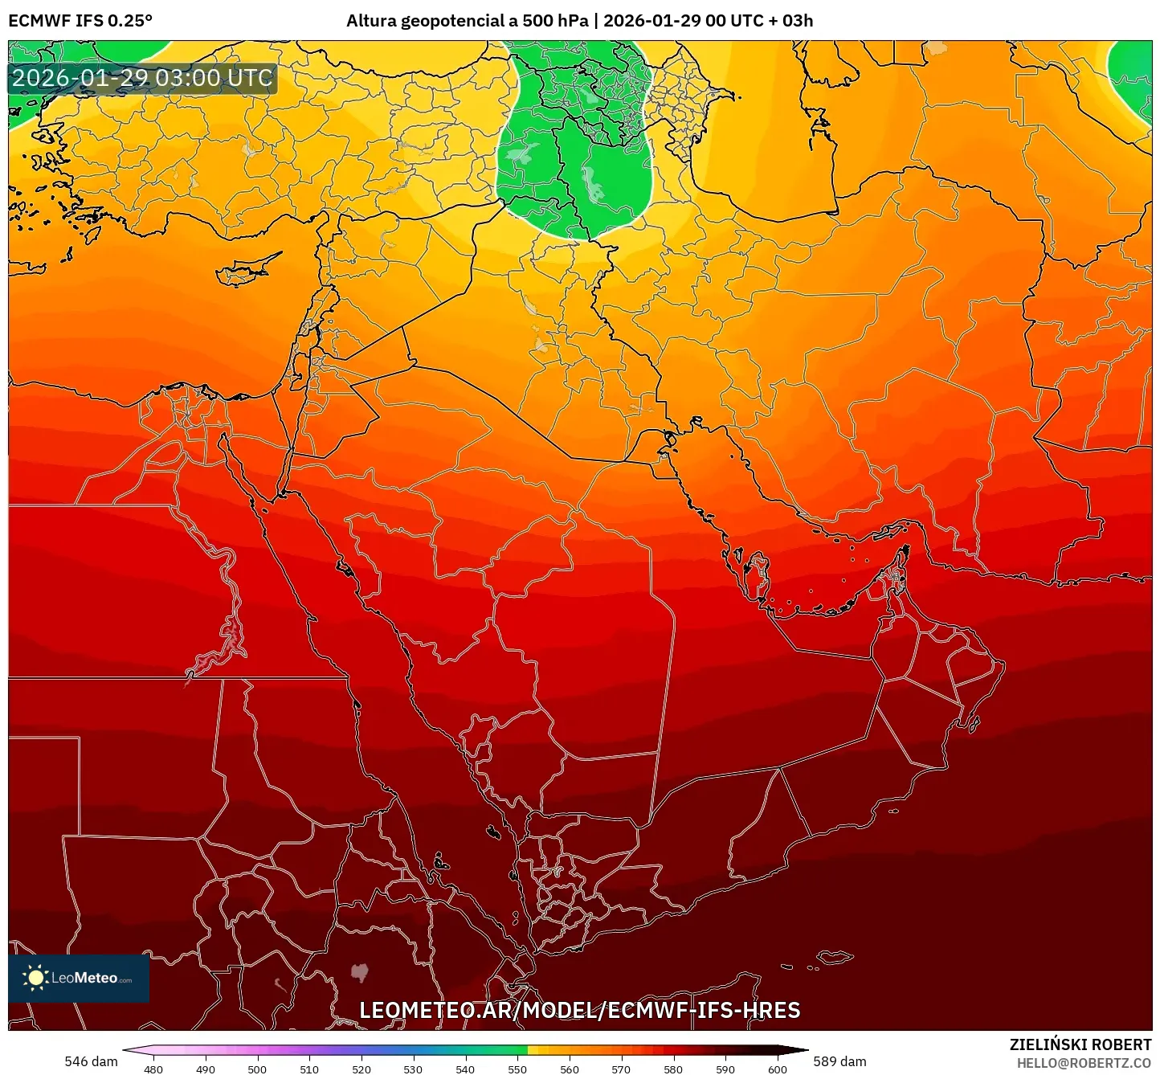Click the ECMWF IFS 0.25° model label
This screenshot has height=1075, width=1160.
click(80, 21)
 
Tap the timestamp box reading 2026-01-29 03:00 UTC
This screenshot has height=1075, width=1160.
click(143, 79)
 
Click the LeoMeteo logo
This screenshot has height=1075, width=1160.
click(79, 978)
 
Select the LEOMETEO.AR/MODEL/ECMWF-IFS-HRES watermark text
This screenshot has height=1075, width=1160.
click(579, 1010)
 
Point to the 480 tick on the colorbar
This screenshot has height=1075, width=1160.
click(153, 1069)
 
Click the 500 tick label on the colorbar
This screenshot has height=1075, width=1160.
click(257, 1069)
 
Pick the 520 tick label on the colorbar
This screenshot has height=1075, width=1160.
click(361, 1069)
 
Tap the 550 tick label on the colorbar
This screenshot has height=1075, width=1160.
click(517, 1069)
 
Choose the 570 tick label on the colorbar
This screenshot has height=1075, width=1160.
click(621, 1069)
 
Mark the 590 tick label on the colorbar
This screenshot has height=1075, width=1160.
click(725, 1069)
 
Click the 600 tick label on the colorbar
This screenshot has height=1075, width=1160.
click(777, 1069)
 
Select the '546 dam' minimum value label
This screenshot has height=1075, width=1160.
click(91, 1061)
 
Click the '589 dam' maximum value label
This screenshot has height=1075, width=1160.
click(839, 1061)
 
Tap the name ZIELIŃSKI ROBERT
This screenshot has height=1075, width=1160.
click(1080, 1044)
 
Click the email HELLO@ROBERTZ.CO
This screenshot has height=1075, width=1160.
click(1084, 1063)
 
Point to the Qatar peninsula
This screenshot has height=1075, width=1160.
click(757, 572)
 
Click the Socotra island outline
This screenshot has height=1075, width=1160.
click(835, 957)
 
